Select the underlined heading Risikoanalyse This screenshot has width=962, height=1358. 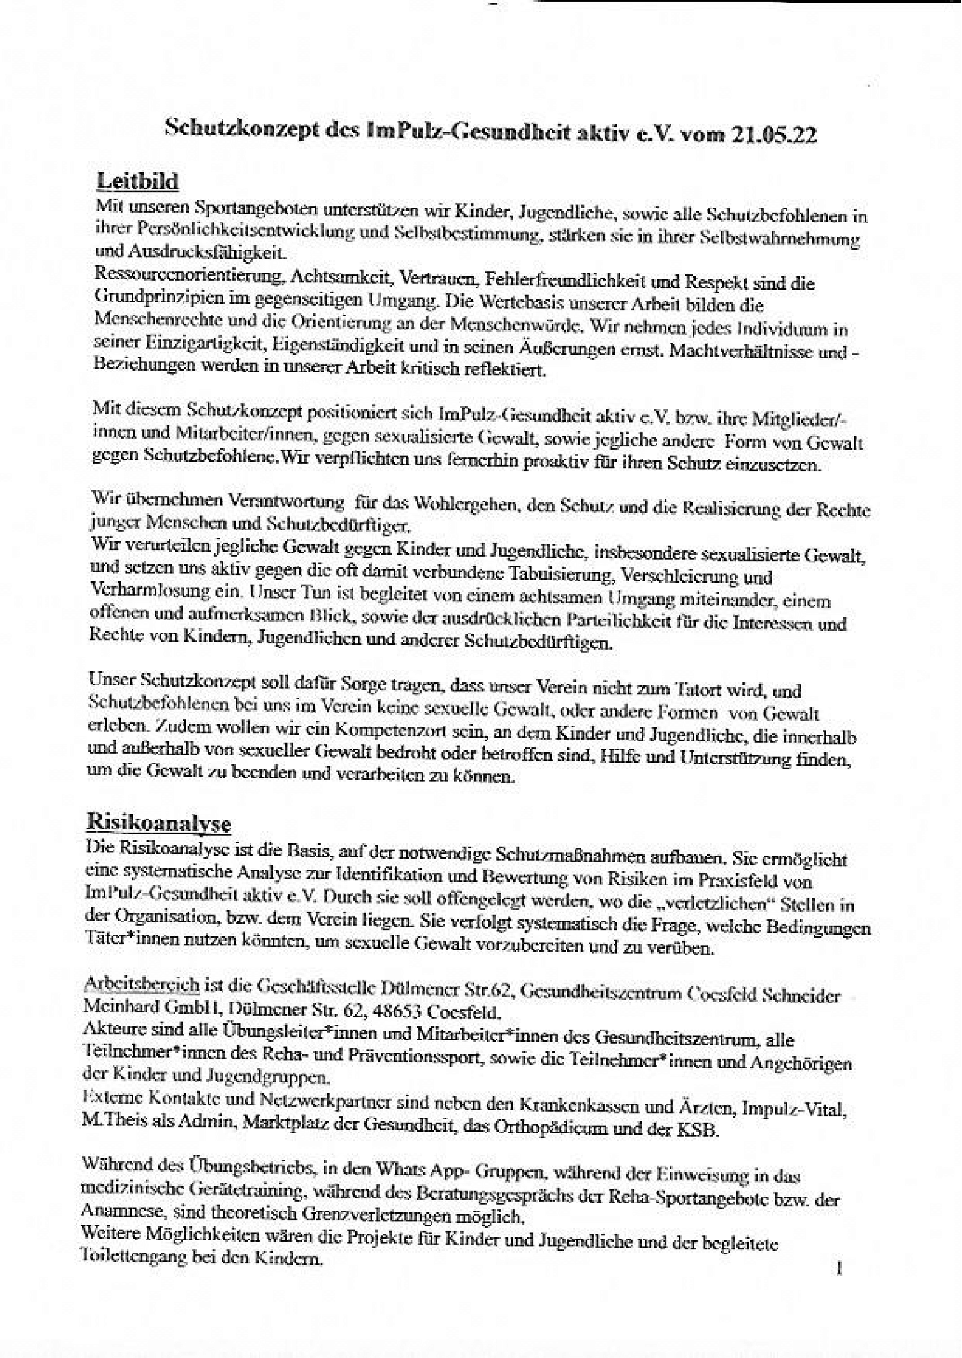click(x=159, y=823)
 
